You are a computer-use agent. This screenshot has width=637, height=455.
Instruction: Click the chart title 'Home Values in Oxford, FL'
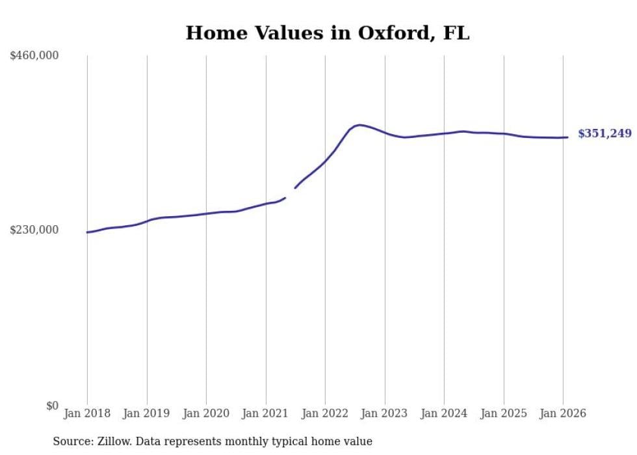pyautogui.click(x=327, y=33)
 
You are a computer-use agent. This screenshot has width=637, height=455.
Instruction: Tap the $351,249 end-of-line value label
pyautogui.click(x=604, y=133)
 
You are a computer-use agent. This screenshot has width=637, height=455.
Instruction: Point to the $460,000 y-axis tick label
pyautogui.click(x=34, y=55)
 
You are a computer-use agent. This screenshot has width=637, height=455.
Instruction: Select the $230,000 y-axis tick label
pyautogui.click(x=34, y=230)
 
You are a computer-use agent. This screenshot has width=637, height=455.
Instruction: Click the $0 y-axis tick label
pyautogui.click(x=52, y=406)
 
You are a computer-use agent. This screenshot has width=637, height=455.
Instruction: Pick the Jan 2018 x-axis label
pyautogui.click(x=87, y=413)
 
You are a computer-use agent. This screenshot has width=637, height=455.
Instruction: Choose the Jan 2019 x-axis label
pyautogui.click(x=147, y=413)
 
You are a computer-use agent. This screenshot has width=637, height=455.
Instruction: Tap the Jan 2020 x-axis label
pyautogui.click(x=206, y=413)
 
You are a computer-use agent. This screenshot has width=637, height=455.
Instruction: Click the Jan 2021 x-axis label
pyautogui.click(x=266, y=413)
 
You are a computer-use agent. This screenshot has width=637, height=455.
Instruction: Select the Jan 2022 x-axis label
pyautogui.click(x=325, y=413)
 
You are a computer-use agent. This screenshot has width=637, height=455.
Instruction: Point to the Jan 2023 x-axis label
pyautogui.click(x=385, y=413)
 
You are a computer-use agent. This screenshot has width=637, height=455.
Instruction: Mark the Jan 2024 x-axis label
pyautogui.click(x=444, y=413)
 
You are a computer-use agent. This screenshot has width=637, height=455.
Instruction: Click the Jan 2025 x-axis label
pyautogui.click(x=504, y=413)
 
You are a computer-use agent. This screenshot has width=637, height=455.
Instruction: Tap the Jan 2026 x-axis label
pyautogui.click(x=563, y=413)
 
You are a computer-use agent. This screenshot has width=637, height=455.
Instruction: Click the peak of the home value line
pyautogui.click(x=359, y=124)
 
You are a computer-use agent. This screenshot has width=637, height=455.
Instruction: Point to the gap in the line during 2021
pyautogui.click(x=290, y=193)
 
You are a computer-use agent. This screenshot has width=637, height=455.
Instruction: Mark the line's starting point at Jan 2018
pyautogui.click(x=87, y=232)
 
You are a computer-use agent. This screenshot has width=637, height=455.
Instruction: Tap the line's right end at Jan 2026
pyautogui.click(x=567, y=137)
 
